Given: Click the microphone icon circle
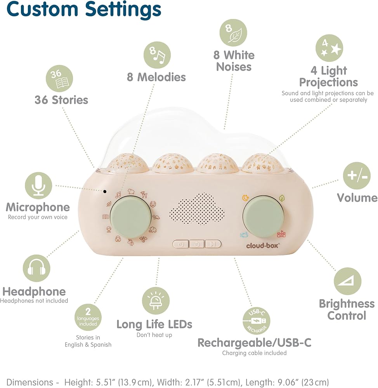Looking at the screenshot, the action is [39, 185].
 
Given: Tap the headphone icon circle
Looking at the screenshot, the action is [36, 268].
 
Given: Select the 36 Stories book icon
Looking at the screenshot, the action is [59, 78].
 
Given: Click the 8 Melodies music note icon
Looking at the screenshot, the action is [157, 55].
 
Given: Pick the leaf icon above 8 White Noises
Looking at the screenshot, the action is [233, 33].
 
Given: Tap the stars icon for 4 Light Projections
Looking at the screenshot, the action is [329, 48].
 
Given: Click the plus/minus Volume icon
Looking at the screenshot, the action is [357, 176].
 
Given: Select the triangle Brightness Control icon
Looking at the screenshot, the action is [348, 281].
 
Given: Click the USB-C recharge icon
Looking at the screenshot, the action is [257, 321].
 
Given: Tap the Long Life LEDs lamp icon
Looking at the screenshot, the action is [156, 301].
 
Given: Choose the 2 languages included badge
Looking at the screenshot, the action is [88, 317].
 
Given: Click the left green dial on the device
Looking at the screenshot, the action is [131, 217].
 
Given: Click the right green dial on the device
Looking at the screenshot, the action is [264, 217].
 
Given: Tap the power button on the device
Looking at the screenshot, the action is [181, 244].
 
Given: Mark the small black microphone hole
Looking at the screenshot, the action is [105, 191].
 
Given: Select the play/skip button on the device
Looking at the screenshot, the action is [213, 244].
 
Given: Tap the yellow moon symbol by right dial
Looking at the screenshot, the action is [245, 198].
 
